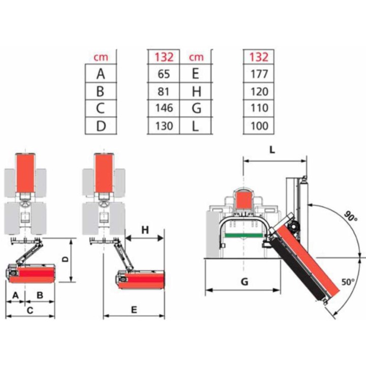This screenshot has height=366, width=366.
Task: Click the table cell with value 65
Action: click(x=164, y=74)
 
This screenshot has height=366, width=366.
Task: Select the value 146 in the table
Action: click(x=164, y=108)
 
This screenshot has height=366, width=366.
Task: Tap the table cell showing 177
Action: click(x=259, y=74)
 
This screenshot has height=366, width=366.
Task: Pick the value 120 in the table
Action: click(x=259, y=91)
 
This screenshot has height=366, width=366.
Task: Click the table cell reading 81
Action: click(x=163, y=91)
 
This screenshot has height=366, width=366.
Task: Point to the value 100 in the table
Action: click(x=259, y=126)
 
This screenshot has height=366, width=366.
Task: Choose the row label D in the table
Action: click(x=101, y=126)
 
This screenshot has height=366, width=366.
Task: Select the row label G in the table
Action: click(x=197, y=108)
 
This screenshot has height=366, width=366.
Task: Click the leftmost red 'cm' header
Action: click(x=101, y=57)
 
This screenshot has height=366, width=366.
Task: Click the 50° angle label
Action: click(x=348, y=282)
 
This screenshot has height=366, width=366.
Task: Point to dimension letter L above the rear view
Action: click(x=272, y=150)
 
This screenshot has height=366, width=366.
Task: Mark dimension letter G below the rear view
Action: click(x=245, y=282)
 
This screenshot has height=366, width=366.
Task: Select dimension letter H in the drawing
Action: click(x=145, y=230)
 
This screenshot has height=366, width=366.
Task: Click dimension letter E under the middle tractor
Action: click(x=134, y=310)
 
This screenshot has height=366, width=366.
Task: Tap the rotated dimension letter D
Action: click(x=66, y=259)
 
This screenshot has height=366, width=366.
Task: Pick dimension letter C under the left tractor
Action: click(x=30, y=311)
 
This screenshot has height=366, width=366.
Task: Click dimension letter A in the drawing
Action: click(x=15, y=295)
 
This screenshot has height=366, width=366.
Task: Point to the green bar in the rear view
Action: click(x=243, y=235)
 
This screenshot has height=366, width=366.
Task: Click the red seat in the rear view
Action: click(x=244, y=200)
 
